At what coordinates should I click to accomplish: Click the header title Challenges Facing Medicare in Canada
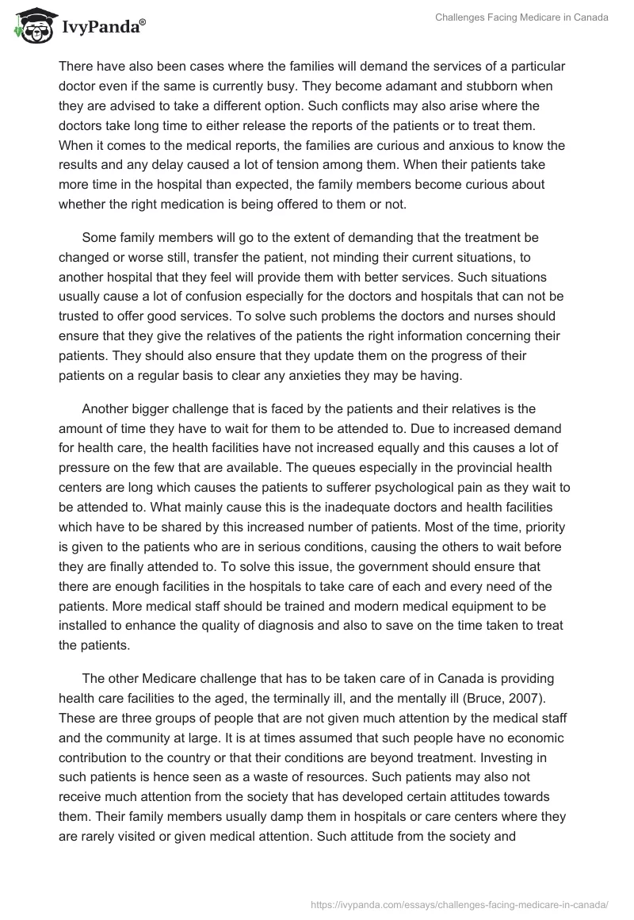[x=521, y=18]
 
